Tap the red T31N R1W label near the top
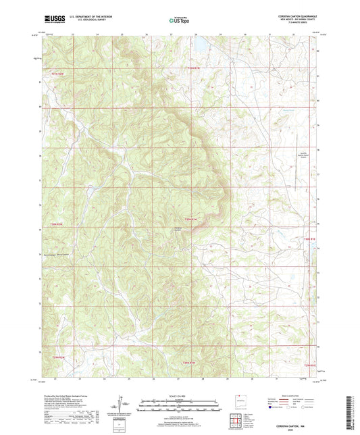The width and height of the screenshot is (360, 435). (194, 68)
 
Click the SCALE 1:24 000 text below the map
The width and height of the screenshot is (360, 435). (179, 396)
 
